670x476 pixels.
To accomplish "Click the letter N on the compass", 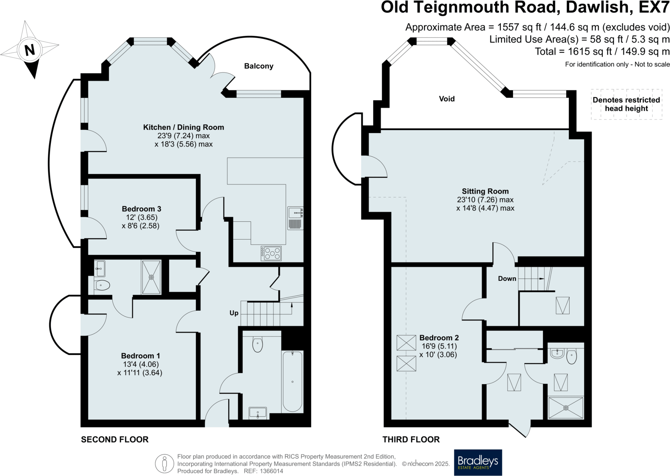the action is click(x=30, y=50).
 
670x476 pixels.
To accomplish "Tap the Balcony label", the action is click(x=259, y=66).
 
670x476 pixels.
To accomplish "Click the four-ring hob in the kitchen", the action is click(x=271, y=253).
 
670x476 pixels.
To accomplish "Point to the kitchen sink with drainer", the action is click(x=295, y=218).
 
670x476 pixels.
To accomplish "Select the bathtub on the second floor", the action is click(x=292, y=382).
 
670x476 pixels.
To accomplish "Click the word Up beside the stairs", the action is click(x=234, y=313).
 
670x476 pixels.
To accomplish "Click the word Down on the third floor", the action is click(x=507, y=279).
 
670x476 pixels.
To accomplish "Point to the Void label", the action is click(x=447, y=99).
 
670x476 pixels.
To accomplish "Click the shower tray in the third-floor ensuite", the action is click(x=566, y=408).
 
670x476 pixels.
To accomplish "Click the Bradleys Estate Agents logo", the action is click(x=478, y=462).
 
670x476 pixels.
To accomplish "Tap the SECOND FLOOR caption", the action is click(x=115, y=439).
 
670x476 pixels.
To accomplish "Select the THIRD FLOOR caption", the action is click(x=411, y=439).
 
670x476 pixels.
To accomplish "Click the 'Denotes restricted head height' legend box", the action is click(x=626, y=104).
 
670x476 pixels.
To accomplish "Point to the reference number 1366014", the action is click(x=271, y=471).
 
